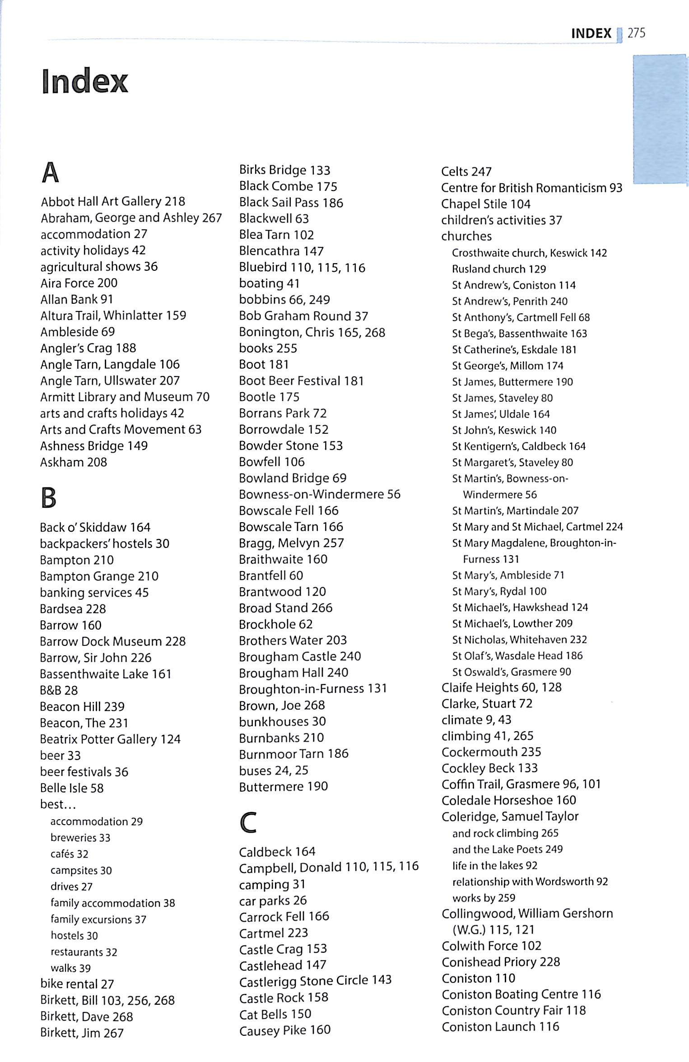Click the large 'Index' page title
[x=85, y=81]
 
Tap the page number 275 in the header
[x=636, y=33]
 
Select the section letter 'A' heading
[x=50, y=173]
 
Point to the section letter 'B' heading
[x=49, y=498]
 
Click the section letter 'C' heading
[x=248, y=822]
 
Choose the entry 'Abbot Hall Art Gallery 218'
[x=113, y=201]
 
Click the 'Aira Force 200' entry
[x=79, y=283]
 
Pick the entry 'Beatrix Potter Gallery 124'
[x=110, y=739]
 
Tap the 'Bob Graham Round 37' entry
[x=303, y=316]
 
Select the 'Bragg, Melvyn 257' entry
[x=291, y=543]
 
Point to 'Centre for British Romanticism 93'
[x=531, y=188]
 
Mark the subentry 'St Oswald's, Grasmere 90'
[x=512, y=672]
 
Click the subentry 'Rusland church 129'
[x=499, y=269]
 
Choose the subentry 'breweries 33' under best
[x=80, y=838]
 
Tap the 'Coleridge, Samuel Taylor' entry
[x=510, y=816]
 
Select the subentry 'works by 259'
[x=484, y=898]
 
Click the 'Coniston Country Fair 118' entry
[x=513, y=1011]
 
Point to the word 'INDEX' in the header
[x=591, y=33]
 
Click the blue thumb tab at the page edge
[x=661, y=119]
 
